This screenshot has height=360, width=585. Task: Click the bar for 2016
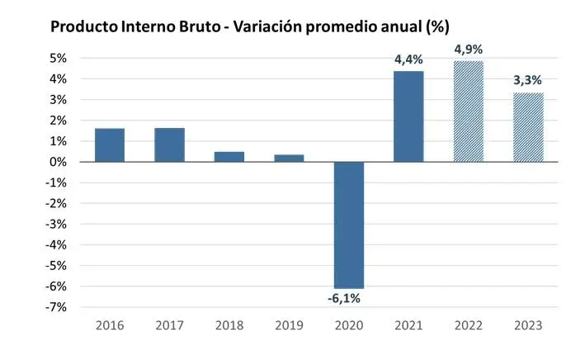click(110, 145)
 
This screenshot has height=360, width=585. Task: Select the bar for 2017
click(169, 145)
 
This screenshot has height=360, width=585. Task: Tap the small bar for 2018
click(229, 157)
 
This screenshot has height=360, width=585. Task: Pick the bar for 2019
click(289, 159)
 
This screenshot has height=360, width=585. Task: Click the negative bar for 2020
click(349, 225)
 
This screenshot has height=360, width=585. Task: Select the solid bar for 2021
click(408, 116)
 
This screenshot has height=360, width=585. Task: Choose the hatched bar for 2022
click(469, 111)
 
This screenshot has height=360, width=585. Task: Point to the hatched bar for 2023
click(528, 128)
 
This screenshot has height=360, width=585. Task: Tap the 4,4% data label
click(409, 59)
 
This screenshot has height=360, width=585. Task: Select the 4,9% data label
click(469, 50)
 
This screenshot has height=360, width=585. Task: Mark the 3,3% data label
click(528, 80)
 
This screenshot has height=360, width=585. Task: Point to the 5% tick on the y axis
click(57, 59)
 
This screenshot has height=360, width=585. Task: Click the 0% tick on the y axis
click(57, 162)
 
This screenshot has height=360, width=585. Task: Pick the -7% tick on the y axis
click(55, 307)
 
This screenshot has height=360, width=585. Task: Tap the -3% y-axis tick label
click(55, 224)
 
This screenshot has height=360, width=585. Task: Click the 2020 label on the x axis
click(349, 325)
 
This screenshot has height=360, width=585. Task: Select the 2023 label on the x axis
click(528, 325)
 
